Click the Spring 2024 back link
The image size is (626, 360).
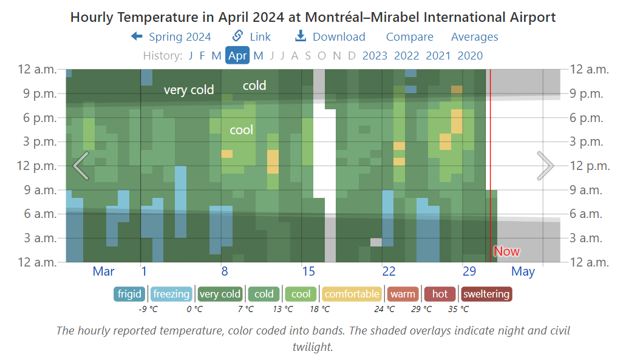click(x=171, y=37)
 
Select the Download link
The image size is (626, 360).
click(x=330, y=37)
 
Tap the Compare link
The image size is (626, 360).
click(x=410, y=37)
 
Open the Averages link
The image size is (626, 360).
click(x=474, y=37)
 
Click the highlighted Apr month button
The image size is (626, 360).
click(x=237, y=56)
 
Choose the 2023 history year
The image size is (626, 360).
click(x=375, y=56)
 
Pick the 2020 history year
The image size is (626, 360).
click(x=470, y=56)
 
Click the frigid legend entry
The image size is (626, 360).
click(x=129, y=294)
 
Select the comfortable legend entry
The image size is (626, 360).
click(x=352, y=294)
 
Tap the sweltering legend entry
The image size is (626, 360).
click(x=486, y=294)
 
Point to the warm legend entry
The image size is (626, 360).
click(x=403, y=294)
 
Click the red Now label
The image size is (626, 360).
click(x=506, y=251)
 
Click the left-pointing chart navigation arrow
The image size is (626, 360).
click(x=81, y=165)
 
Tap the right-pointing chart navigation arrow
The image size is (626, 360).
click(x=545, y=165)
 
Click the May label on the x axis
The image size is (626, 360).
click(x=523, y=271)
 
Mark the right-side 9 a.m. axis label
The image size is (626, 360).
click(x=586, y=189)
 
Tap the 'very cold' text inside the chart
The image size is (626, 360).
click(x=189, y=90)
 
